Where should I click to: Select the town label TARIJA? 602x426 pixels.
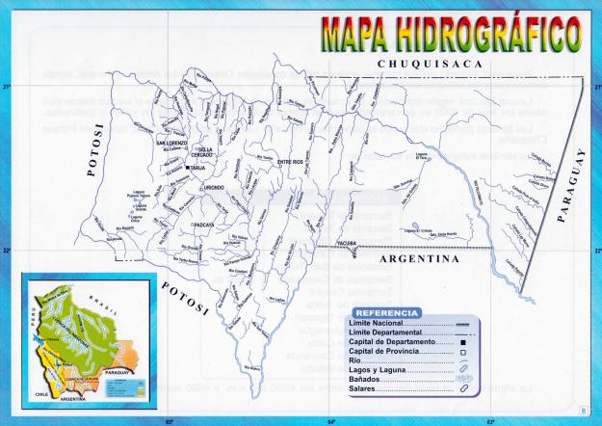click(x=198, y=168)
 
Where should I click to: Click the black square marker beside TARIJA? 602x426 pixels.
click(x=188, y=168)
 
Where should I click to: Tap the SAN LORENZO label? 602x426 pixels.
click(x=172, y=144)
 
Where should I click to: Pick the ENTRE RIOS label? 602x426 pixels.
click(x=290, y=162)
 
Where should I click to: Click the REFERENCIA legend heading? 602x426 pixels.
click(x=385, y=313)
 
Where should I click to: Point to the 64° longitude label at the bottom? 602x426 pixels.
click(x=329, y=421)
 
